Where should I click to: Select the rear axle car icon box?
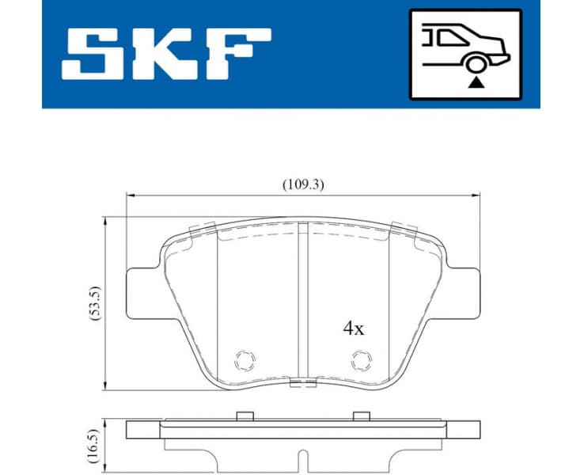tap(465, 54)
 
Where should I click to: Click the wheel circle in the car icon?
tap(476, 64)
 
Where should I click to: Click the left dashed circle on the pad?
tap(246, 361)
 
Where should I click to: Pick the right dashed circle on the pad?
tap(362, 361)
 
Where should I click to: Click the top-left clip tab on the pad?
tap(203, 229)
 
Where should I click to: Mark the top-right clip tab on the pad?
tap(404, 229)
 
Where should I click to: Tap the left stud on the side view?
tap(245, 416)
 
